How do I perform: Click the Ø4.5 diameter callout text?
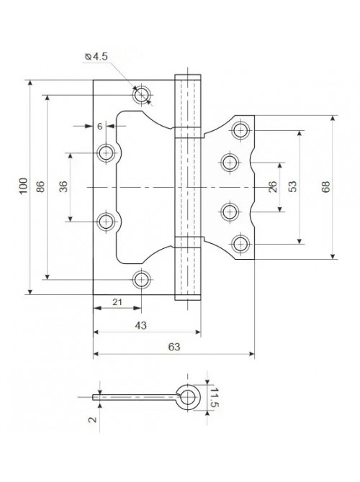(x=96, y=57)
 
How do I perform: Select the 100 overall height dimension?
(x=24, y=186)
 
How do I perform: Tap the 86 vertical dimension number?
(x=40, y=186)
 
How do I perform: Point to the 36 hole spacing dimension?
(x=63, y=186)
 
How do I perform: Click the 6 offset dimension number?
(x=99, y=127)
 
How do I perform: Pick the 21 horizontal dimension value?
(x=117, y=302)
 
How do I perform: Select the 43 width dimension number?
(x=140, y=326)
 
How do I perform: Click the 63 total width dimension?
(x=174, y=347)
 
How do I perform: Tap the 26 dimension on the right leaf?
(x=273, y=186)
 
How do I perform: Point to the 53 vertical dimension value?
(x=292, y=186)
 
